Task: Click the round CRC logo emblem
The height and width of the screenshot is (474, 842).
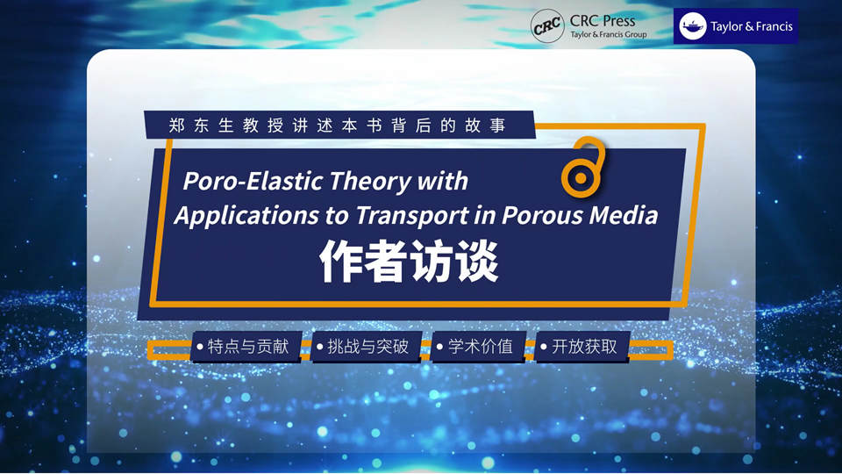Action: coord(547,25)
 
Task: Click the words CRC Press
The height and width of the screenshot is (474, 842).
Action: coord(603,21)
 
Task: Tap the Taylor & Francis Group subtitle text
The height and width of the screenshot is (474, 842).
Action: coord(609,34)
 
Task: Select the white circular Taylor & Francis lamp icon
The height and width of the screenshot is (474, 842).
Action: coord(693,25)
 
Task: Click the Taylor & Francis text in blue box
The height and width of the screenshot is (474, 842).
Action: coord(752,26)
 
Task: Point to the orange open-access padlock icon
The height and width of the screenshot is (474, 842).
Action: coord(582,167)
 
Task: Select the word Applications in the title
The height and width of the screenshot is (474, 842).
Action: coord(246,216)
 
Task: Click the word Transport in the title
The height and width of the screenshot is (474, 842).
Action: coord(412,216)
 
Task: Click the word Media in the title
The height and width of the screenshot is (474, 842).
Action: coord(624,215)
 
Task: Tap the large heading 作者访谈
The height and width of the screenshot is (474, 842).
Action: coord(410,262)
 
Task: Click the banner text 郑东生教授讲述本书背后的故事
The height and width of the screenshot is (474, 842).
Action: coord(338,126)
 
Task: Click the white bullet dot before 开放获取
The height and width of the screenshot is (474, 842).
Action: coord(544,348)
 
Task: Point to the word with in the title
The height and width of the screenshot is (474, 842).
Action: coord(442,181)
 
